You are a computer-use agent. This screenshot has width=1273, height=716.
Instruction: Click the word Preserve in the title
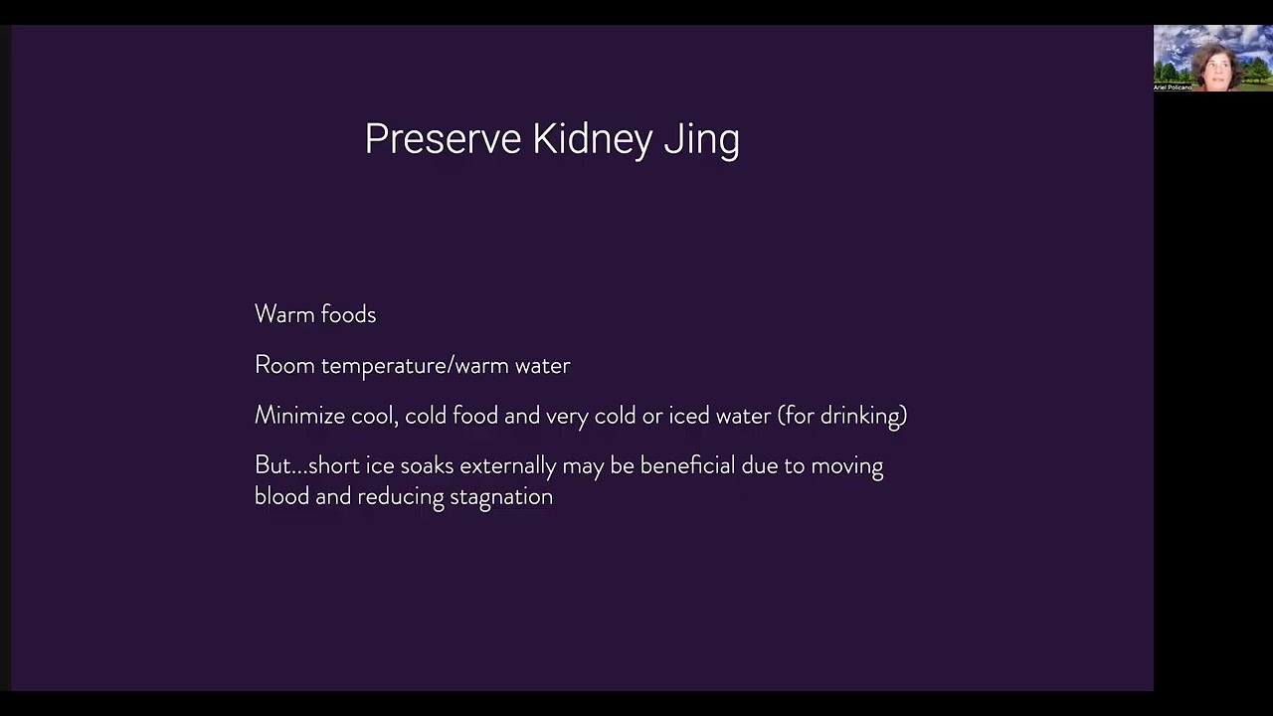[444, 139]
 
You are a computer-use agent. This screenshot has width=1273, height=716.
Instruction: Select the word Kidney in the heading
[592, 139]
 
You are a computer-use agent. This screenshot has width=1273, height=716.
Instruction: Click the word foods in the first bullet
[348, 314]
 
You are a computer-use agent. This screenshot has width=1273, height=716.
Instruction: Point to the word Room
[284, 365]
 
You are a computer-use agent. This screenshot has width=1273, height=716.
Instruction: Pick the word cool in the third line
[374, 416]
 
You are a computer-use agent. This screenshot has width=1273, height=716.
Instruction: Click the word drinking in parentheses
[861, 416]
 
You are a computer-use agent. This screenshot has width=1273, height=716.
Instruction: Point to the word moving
[846, 466]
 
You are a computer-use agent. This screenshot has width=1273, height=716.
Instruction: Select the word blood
[281, 496]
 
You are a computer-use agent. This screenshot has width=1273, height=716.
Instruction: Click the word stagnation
[501, 496]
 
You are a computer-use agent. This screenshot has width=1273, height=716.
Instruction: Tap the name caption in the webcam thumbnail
[1173, 88]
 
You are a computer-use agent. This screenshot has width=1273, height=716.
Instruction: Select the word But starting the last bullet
[273, 465]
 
